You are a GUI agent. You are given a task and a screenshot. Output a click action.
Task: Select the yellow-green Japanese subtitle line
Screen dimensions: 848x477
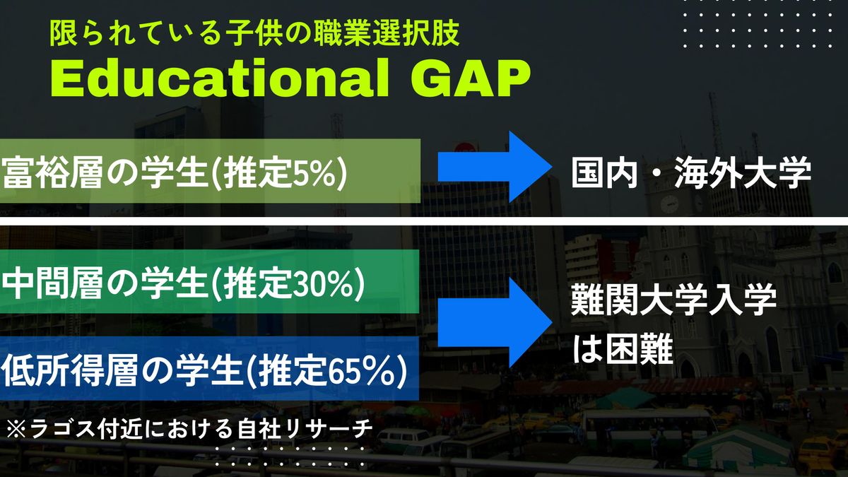click(x=255, y=33)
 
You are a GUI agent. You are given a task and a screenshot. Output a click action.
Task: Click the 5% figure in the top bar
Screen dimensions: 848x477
click(x=314, y=172)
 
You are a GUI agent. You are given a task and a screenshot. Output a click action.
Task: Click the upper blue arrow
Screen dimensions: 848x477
click(x=495, y=167)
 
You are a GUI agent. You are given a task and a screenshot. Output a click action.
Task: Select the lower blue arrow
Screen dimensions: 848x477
click(x=495, y=322)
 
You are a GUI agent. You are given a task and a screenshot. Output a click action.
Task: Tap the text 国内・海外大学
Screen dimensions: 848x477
click(x=691, y=172)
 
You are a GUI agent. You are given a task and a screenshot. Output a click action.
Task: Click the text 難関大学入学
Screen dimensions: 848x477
click(x=673, y=300)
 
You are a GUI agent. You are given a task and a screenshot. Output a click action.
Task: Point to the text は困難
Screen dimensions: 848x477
click(x=623, y=348)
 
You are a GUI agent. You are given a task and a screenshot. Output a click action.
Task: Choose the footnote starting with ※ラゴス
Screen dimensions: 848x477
click(x=189, y=429)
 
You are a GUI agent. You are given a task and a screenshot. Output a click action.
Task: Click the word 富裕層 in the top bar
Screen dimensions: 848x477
click(x=52, y=172)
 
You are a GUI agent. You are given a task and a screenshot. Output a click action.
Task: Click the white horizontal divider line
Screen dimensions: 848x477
click(x=424, y=221)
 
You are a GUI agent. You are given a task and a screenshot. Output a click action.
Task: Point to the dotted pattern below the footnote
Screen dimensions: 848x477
click(x=290, y=457)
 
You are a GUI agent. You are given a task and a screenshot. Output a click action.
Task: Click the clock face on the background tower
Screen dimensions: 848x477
click(x=669, y=204)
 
